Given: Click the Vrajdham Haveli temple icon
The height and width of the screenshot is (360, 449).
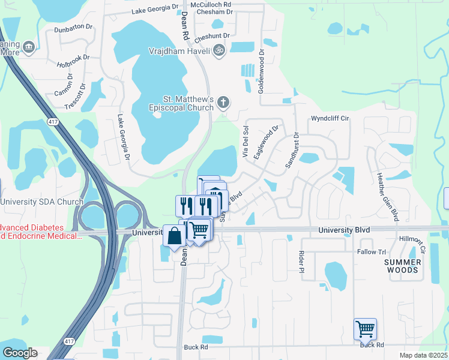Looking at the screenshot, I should click(x=219, y=51).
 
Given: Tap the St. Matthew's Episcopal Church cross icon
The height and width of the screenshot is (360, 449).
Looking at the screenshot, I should click(x=223, y=102).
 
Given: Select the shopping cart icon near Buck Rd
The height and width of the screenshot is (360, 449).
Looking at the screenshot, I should click(x=365, y=329).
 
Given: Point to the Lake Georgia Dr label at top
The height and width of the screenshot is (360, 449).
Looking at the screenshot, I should click(x=155, y=10).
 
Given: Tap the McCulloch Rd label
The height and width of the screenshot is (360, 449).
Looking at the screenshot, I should click(x=214, y=4).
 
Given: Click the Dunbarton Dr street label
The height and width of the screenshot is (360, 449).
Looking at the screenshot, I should click(x=74, y=29).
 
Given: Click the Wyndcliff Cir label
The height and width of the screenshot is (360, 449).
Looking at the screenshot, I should click(x=330, y=119).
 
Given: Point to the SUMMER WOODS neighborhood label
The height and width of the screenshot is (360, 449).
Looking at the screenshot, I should click(x=402, y=266).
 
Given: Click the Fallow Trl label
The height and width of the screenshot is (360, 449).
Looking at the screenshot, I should click(x=372, y=252).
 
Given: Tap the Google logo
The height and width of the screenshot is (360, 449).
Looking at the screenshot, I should click(x=20, y=353).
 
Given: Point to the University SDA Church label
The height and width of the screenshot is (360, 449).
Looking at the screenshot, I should click(x=41, y=202).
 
